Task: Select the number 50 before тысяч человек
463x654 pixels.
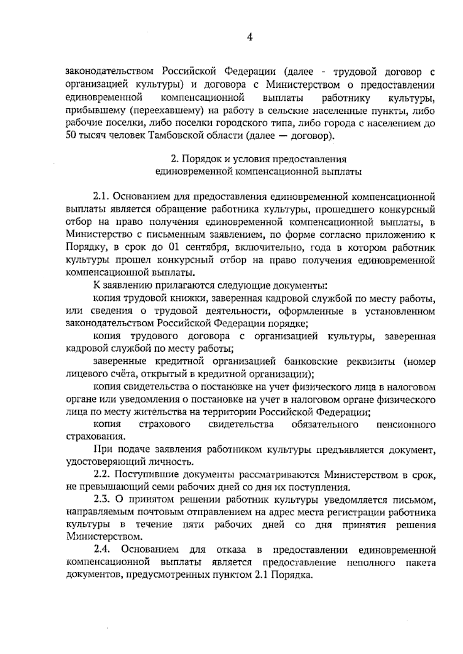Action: (71, 136)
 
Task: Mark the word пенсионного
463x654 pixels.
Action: (406, 425)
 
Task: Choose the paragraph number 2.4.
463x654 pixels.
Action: (102, 549)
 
